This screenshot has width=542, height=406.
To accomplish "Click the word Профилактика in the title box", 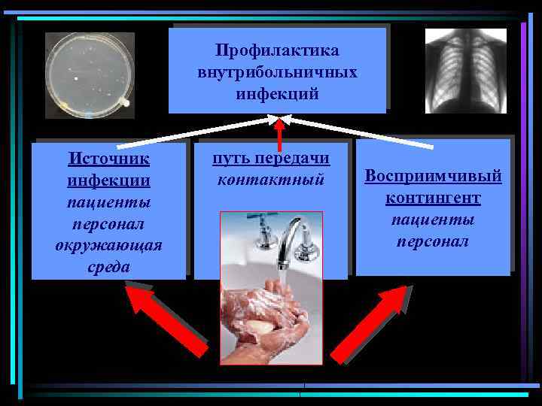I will pos(276,50).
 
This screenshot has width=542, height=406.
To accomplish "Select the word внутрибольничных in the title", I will pos(276,72).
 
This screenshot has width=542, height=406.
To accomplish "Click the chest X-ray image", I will pos(465,71).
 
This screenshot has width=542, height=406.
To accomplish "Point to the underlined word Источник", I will pos(108,159).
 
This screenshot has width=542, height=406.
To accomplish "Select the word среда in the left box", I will pos(108,267).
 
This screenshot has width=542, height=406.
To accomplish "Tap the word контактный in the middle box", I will pos(270,180).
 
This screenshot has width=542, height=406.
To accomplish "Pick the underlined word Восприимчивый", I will pos(433,176).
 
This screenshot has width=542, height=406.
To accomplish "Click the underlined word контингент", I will pos(433,198).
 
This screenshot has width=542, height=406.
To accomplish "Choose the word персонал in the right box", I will pos(433,241).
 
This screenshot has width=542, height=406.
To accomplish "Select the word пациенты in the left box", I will pos(108,203).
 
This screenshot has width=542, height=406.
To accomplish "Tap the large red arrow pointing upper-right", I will pos(368,323).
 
